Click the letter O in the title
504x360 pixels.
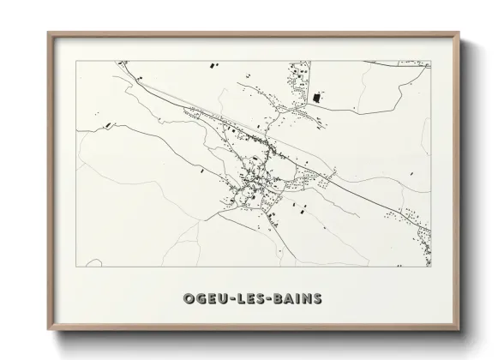pyautogui.click(x=189, y=298)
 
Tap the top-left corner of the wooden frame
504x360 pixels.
pyautogui.click(x=48, y=33)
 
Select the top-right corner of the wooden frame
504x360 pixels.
pyautogui.click(x=459, y=33)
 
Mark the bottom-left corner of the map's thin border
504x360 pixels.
pyautogui.click(x=76, y=267)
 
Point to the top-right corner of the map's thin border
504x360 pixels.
pyautogui.click(x=431, y=61)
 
